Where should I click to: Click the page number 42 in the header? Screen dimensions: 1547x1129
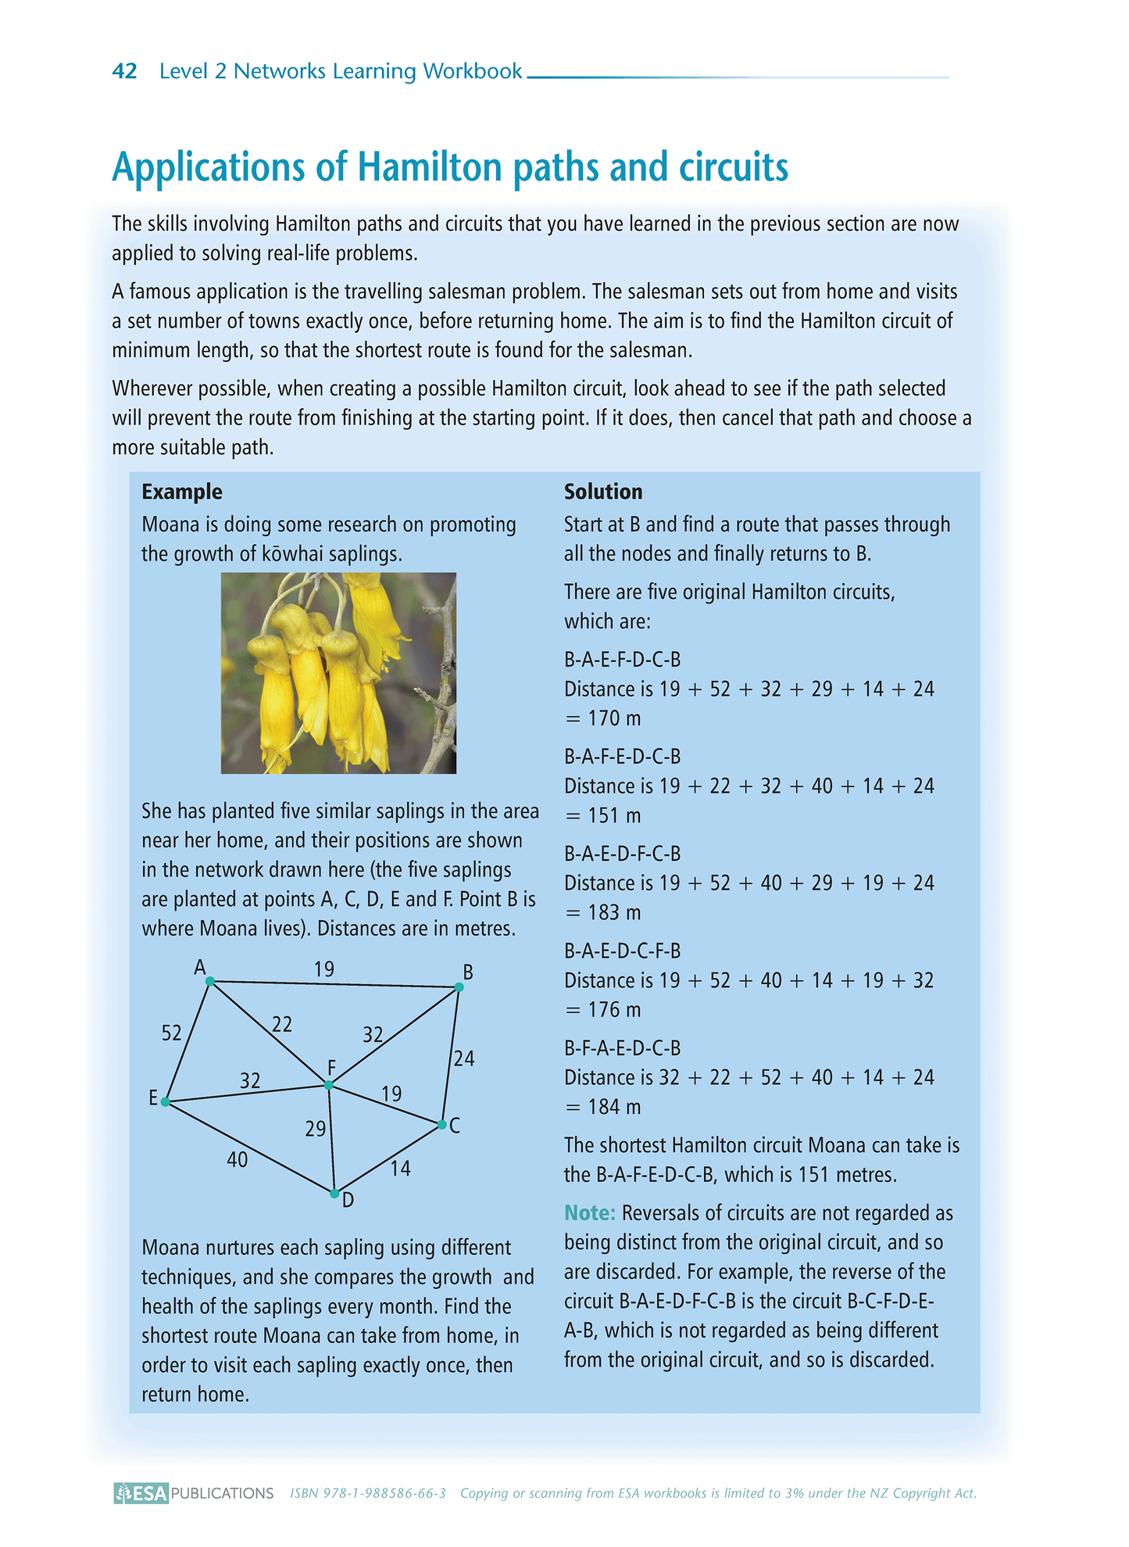(124, 71)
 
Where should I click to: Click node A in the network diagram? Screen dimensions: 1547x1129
(209, 980)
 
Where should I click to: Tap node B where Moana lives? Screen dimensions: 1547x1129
(459, 987)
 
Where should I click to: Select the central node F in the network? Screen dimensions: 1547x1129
(329, 1085)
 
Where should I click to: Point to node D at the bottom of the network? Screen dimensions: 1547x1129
(334, 1194)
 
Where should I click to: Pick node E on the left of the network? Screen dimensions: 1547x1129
(165, 1101)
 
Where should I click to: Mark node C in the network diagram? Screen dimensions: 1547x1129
(442, 1125)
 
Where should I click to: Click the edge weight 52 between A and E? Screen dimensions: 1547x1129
(171, 1033)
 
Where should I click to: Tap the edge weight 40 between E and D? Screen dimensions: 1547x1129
(238, 1160)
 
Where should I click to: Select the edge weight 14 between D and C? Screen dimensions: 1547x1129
(400, 1169)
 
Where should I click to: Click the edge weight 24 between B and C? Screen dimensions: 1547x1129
(464, 1059)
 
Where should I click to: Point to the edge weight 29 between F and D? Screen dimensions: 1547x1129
(315, 1129)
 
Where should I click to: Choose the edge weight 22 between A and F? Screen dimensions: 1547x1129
(282, 1024)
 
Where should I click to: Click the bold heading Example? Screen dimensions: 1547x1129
(182, 492)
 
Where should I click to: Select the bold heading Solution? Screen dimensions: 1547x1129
(603, 492)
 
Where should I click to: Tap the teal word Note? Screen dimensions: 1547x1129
(590, 1213)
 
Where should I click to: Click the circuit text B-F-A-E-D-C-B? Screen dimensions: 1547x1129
(623, 1048)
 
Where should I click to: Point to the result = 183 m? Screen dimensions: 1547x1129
(602, 913)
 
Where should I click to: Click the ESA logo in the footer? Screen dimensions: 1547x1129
(141, 1493)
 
